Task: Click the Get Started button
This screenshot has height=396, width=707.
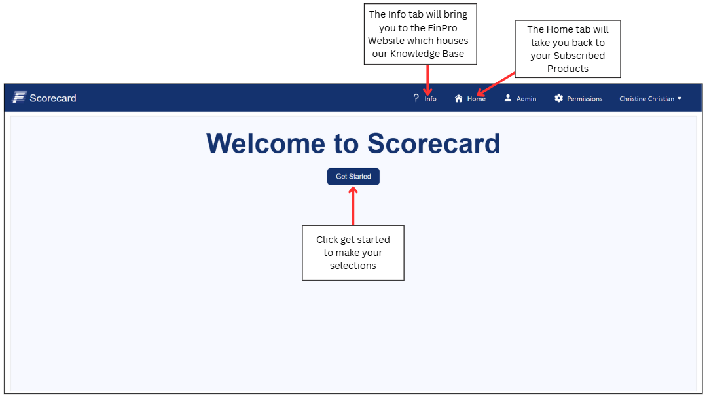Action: tap(353, 176)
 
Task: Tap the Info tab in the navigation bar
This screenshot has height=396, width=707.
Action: tap(430, 99)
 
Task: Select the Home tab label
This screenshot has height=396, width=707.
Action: tap(476, 99)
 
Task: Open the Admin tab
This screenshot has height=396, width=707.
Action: tap(526, 99)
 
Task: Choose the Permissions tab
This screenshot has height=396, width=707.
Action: tap(585, 99)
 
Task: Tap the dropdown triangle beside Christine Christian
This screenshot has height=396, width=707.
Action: tap(680, 98)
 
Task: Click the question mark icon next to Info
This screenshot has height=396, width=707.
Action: tap(416, 98)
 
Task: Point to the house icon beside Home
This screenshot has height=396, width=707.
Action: tap(458, 98)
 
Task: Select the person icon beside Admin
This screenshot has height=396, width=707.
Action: tap(508, 98)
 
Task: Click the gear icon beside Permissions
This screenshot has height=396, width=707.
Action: tap(558, 98)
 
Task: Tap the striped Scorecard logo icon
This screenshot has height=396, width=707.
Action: tap(19, 97)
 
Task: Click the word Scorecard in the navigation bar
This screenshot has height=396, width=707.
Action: tap(53, 98)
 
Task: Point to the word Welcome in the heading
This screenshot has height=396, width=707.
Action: tap(265, 143)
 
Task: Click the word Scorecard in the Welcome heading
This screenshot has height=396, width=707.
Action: tap(434, 143)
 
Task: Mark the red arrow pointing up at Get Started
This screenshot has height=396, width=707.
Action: tap(353, 206)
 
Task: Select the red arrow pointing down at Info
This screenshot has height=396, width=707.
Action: tap(427, 80)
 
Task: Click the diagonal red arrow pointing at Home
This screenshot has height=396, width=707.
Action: tap(496, 84)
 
